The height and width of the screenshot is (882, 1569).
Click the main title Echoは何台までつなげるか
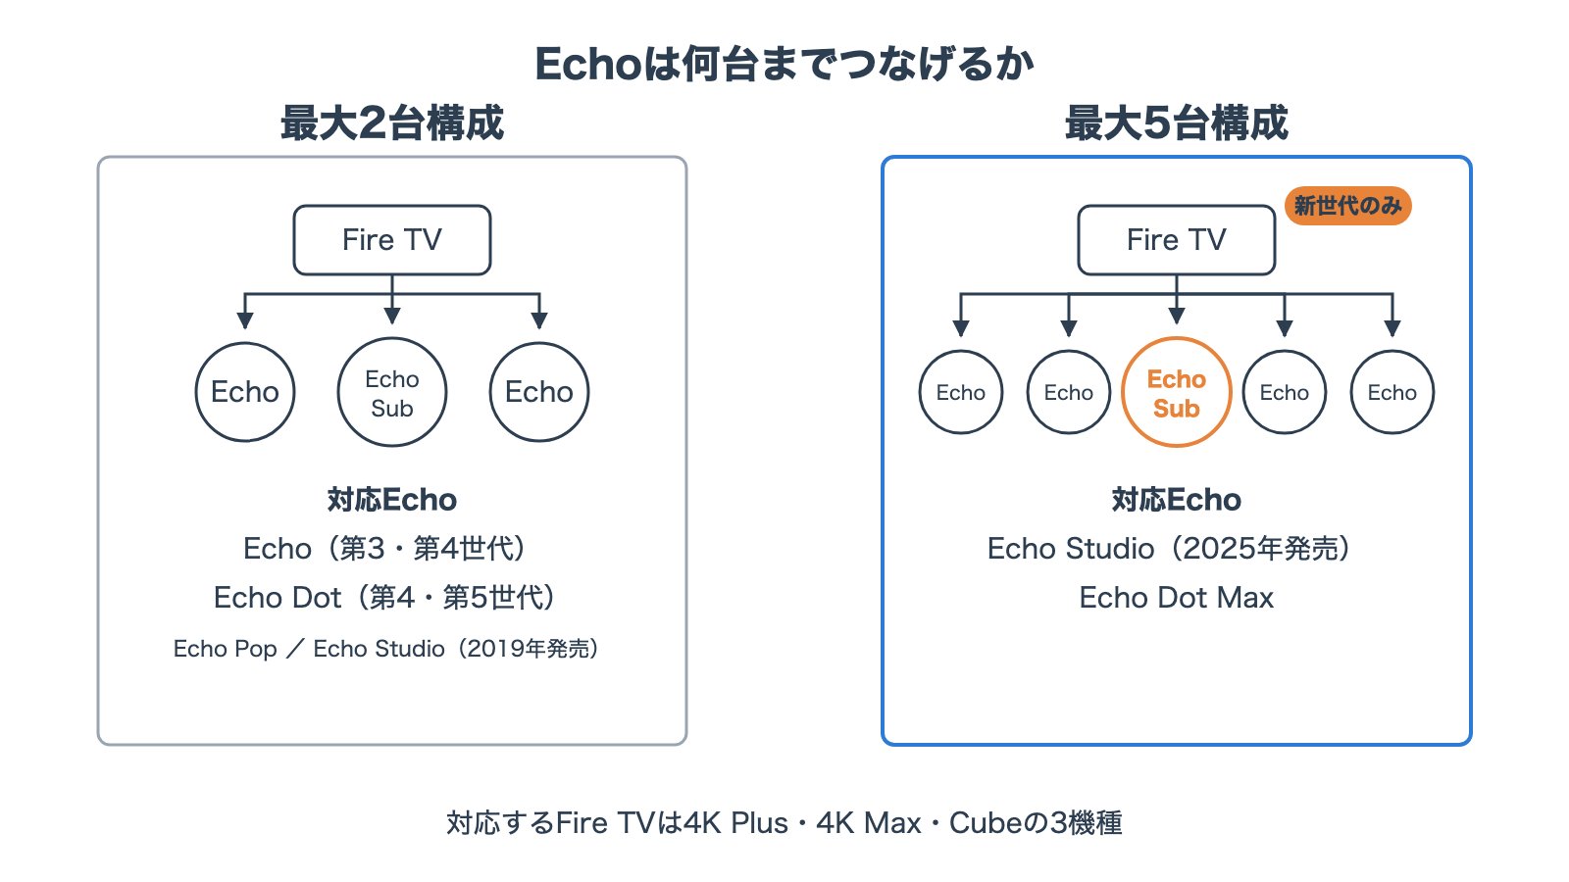coord(784,64)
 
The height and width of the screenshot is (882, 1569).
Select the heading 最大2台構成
coord(392,122)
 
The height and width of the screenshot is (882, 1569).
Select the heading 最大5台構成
coord(1177,122)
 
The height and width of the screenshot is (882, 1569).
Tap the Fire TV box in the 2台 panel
coord(392,239)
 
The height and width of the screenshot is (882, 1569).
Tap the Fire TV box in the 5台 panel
coord(1177,239)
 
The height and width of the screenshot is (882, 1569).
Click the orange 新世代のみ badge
coord(1347,206)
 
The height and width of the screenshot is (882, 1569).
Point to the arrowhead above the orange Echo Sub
coord(1177,316)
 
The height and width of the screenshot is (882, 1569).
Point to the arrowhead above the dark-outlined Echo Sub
coord(392,316)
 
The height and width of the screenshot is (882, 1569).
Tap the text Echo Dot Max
coord(1177,598)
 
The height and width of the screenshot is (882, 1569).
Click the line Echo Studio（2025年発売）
coord(1169,549)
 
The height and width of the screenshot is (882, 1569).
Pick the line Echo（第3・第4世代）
coord(384,549)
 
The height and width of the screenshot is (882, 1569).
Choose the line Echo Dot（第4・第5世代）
coord(384,598)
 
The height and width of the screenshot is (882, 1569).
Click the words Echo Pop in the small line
coord(225,649)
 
